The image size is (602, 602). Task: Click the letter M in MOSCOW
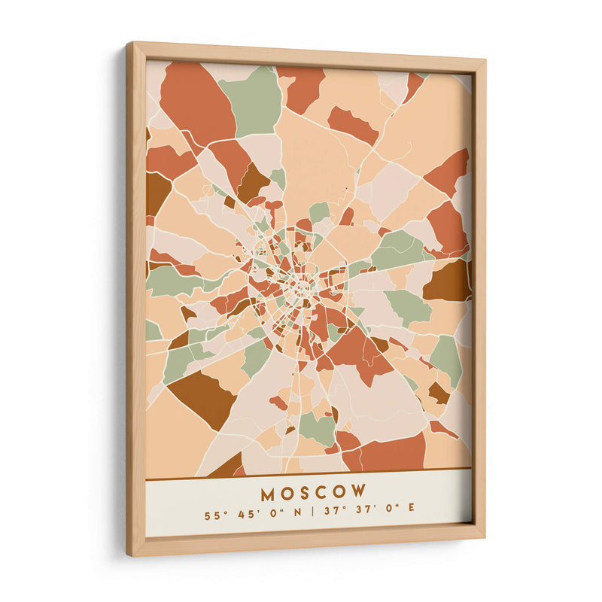269,494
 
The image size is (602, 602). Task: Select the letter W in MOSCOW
359,491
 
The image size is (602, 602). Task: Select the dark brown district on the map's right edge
449,281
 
